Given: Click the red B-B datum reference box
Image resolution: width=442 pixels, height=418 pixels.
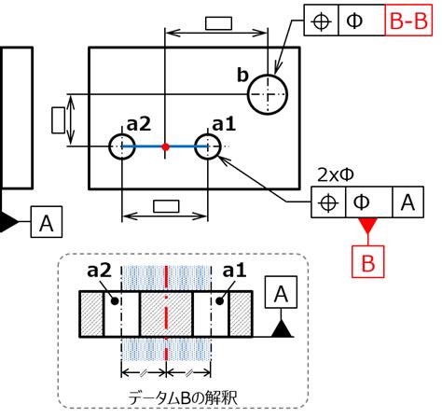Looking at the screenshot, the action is (408, 21).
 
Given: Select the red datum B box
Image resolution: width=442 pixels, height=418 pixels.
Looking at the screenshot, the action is (368, 261).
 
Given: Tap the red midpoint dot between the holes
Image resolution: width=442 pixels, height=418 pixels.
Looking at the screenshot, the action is (166, 146).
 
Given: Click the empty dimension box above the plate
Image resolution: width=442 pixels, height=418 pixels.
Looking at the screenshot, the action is (218, 23).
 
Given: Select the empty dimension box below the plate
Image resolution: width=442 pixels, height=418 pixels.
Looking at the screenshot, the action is (166, 206).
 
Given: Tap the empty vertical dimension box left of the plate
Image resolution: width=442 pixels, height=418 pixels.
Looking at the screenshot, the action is (58, 120).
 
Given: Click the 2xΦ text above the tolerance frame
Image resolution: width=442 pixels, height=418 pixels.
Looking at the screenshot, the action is (336, 175).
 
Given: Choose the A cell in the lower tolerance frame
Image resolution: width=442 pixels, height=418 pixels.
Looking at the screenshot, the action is (408, 202).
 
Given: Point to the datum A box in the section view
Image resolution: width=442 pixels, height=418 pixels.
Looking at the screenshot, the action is (281, 292).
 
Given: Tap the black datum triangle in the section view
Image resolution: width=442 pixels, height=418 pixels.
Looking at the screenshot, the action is (282, 329).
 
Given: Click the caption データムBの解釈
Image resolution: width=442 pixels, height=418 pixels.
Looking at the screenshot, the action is (183, 398).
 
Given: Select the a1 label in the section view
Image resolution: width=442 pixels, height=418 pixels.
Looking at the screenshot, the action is (234, 271).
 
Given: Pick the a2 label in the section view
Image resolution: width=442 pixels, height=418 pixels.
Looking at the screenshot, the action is (99, 271).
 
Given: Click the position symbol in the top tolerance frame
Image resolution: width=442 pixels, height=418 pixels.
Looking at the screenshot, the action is (321, 21).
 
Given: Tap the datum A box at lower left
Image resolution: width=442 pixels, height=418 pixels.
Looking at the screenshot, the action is (47, 222).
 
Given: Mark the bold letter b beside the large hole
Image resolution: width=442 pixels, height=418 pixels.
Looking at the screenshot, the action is (242, 75).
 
